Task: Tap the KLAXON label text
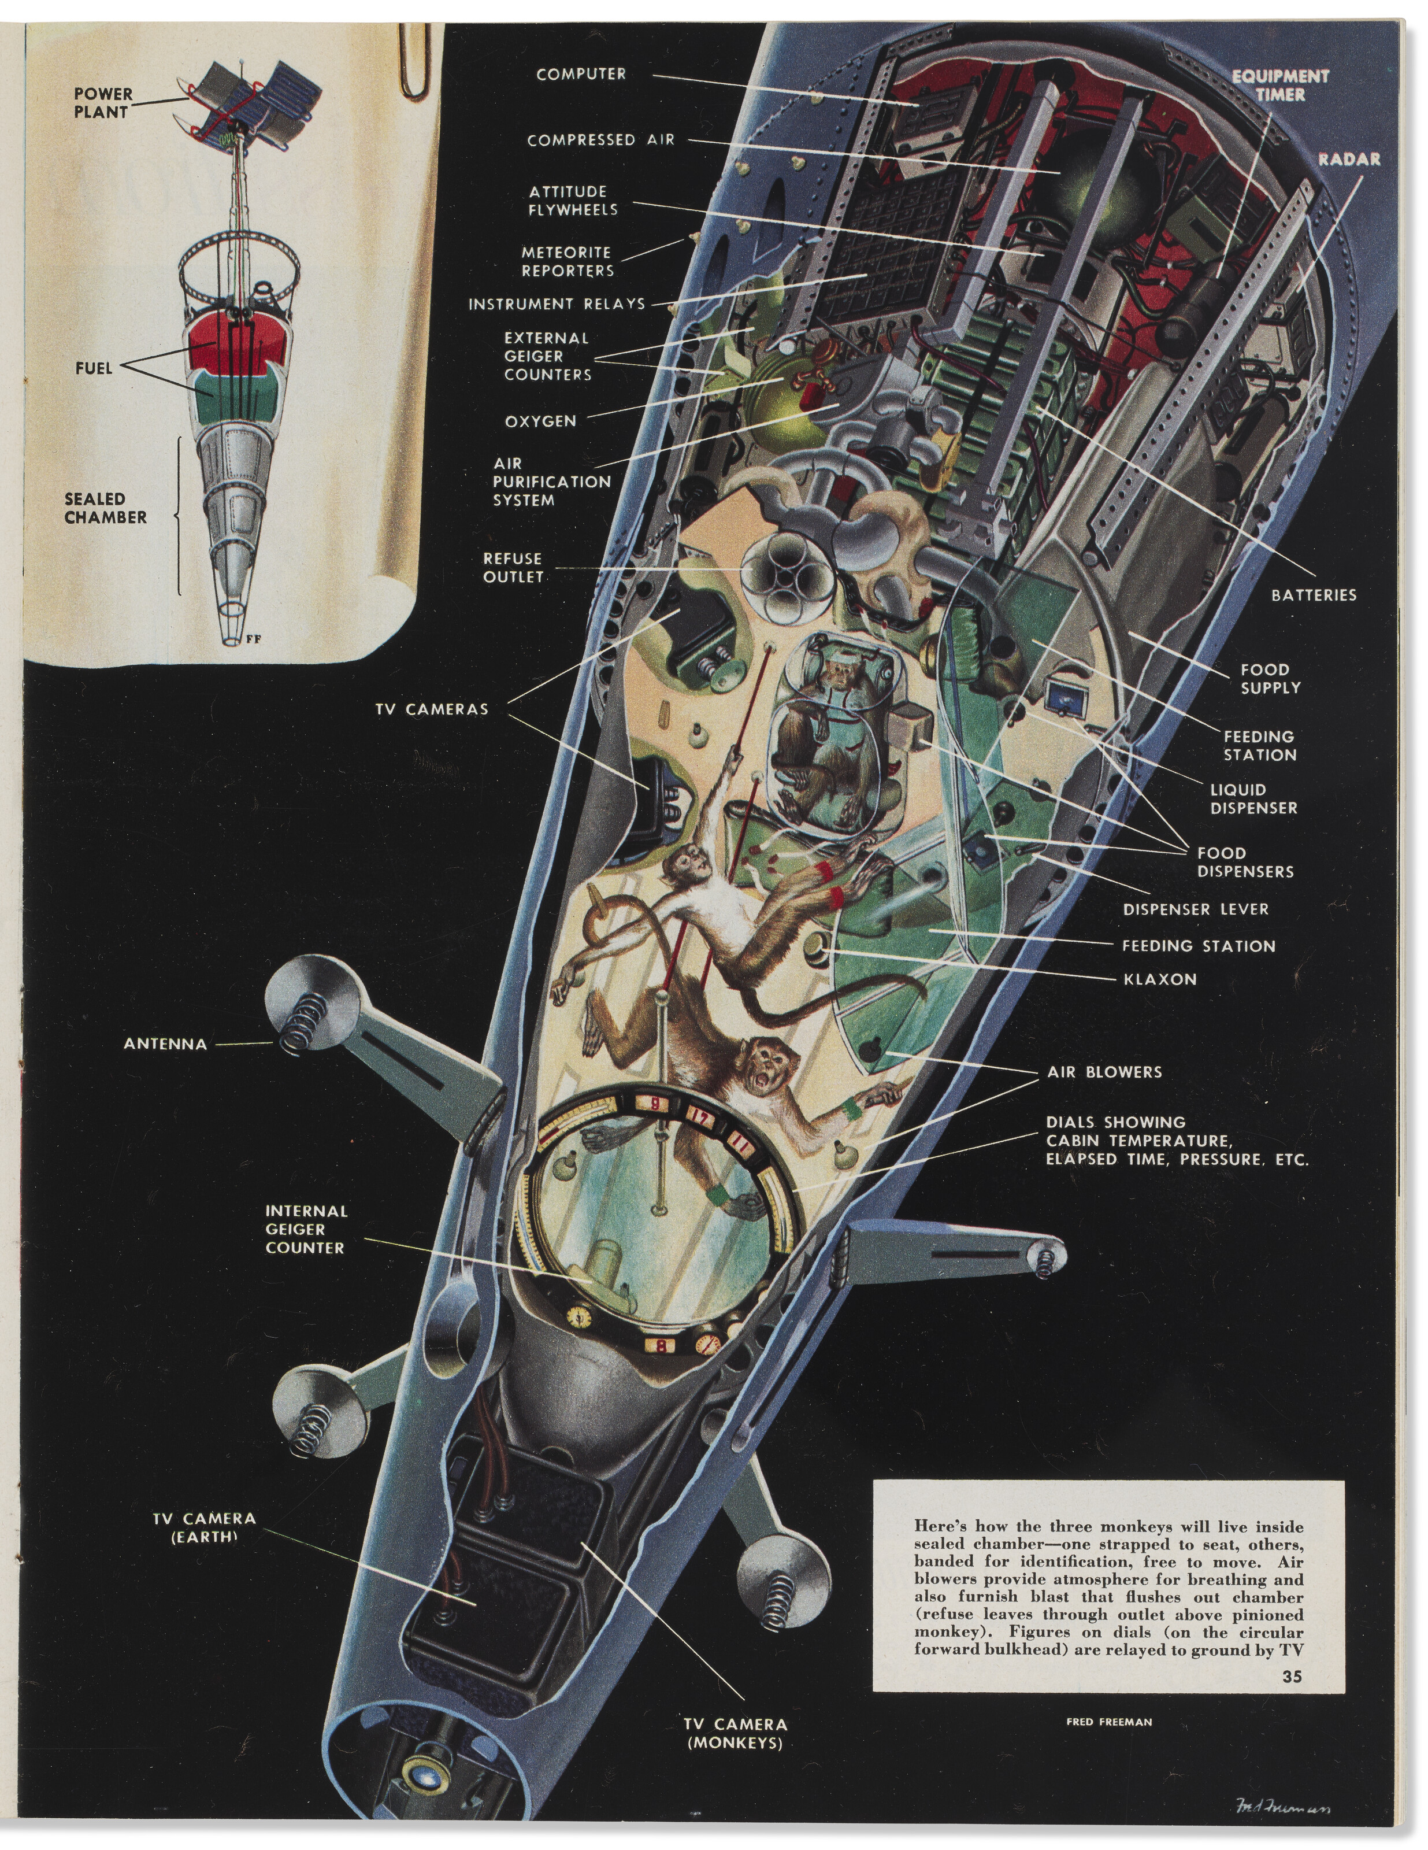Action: (1159, 979)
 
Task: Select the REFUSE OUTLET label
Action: (513, 568)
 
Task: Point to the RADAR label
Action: (1348, 159)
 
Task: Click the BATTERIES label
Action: (1313, 595)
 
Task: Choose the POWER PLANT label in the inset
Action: (102, 102)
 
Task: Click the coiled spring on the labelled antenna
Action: (302, 1023)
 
